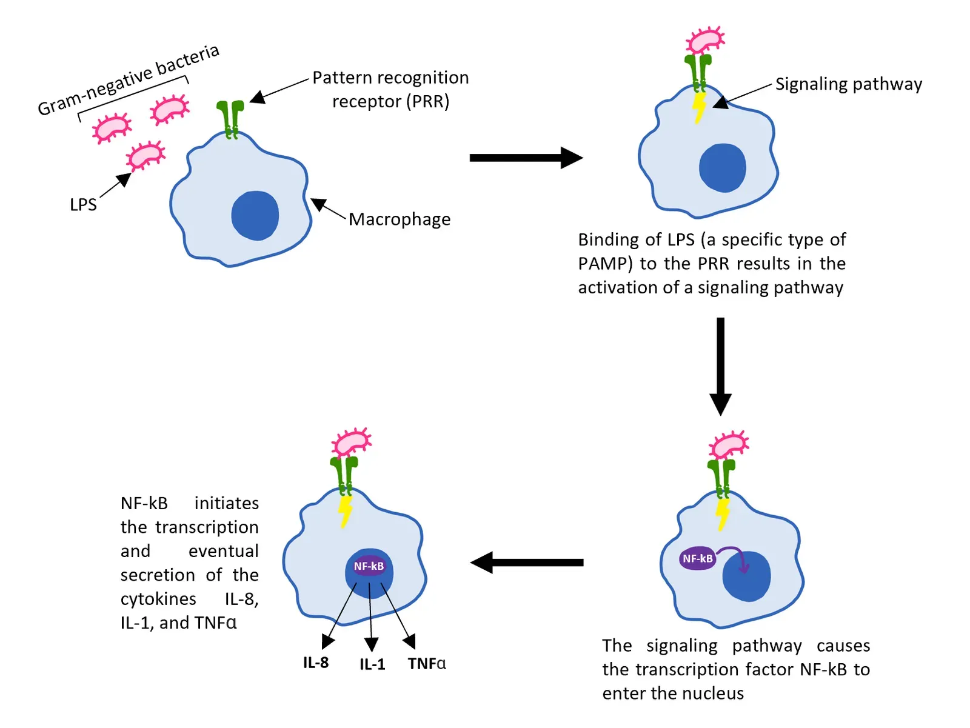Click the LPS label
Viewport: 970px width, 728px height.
tap(83, 205)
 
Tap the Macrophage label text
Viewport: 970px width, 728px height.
tap(399, 219)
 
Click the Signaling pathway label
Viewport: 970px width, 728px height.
tap(848, 84)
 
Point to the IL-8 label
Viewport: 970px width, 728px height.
tap(316, 663)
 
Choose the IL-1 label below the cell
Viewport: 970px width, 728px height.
tap(372, 664)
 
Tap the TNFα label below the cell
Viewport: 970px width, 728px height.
tap(427, 664)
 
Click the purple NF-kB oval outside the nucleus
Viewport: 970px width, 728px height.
tap(698, 558)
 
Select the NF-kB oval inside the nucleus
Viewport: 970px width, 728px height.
tap(369, 566)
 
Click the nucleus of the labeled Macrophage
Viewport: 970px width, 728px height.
tap(255, 216)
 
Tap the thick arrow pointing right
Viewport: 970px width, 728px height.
tap(525, 158)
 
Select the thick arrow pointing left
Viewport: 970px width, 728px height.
tap(526, 563)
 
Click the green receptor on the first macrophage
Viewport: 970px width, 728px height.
tap(230, 119)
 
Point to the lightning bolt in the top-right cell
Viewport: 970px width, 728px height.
tap(699, 107)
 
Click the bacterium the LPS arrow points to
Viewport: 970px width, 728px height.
tap(145, 156)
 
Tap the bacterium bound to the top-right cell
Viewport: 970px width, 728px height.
tap(704, 41)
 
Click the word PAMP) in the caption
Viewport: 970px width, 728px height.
tap(601, 264)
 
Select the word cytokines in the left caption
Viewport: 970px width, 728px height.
tap(158, 599)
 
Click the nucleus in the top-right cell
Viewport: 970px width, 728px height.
tap(722, 168)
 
